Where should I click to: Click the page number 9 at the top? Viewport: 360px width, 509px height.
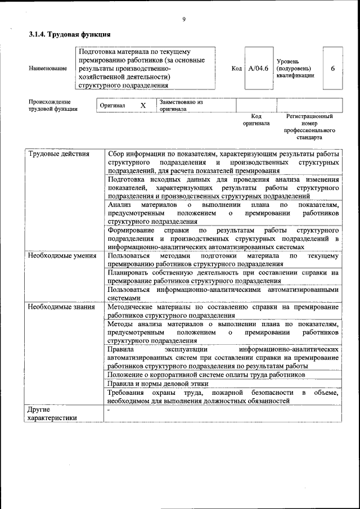point(183,20)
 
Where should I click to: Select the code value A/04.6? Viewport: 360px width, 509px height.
point(259,69)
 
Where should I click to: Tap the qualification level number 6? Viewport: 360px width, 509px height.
point(332,69)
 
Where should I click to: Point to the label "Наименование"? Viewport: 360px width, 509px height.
point(48,69)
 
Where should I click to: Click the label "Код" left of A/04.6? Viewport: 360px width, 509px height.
point(237,69)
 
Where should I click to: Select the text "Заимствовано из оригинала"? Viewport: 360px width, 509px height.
point(181,106)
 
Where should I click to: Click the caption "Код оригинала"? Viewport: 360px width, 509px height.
point(256,120)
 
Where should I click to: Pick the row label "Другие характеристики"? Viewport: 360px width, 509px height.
point(52,413)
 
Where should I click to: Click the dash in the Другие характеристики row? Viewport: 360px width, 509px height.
point(110,409)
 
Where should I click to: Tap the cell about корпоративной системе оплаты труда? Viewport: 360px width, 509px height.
point(206,374)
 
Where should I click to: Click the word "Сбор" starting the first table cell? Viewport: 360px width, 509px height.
point(117,154)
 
